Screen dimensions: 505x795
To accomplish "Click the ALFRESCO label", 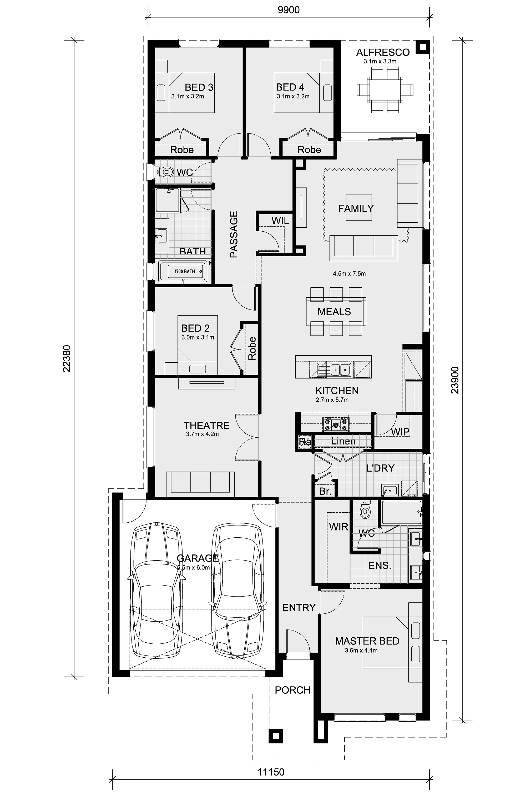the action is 383,52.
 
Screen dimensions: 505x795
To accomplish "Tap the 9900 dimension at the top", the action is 289,10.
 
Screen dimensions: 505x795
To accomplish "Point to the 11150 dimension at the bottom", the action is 271,772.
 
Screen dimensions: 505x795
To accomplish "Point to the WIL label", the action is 280,221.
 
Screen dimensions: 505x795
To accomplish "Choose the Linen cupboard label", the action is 343,441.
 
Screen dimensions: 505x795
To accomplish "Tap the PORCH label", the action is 292,690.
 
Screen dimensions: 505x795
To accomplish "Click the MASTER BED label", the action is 367,641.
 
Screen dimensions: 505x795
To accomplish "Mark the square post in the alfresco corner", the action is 422,47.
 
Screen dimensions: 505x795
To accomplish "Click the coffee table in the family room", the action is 359,208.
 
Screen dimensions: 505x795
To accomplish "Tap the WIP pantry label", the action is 400,432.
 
